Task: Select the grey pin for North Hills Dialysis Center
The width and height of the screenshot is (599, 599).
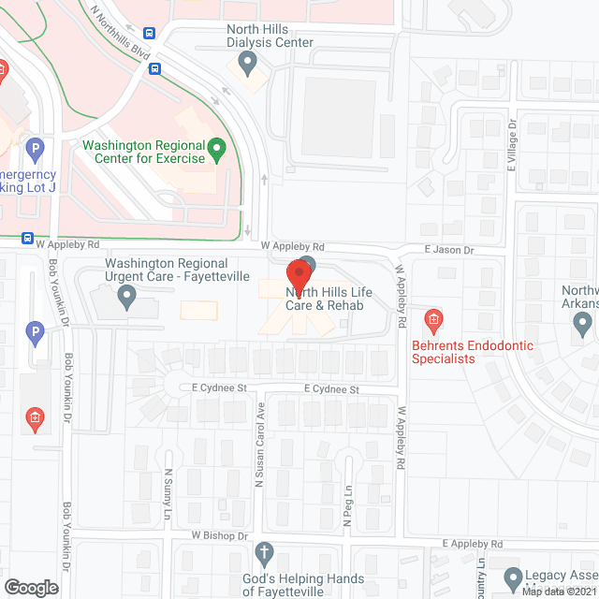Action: (x=247, y=64)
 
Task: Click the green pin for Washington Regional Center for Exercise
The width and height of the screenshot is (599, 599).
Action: (x=217, y=148)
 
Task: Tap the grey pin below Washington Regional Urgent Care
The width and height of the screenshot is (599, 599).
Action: (x=127, y=299)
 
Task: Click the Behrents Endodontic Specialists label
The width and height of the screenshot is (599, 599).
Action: (x=473, y=352)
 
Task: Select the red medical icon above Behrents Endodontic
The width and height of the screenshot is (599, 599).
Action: (x=433, y=322)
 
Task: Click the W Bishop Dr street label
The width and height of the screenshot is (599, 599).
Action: (x=218, y=535)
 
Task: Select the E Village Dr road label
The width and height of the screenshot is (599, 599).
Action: (x=512, y=143)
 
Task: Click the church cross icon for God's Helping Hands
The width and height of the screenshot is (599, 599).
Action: (x=265, y=553)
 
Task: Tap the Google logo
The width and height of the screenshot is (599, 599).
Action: (x=32, y=587)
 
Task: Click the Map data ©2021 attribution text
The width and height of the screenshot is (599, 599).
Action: (x=558, y=592)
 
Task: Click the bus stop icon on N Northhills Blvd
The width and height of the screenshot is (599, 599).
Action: (x=155, y=68)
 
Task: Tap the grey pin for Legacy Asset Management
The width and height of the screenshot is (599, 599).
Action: (x=512, y=577)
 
